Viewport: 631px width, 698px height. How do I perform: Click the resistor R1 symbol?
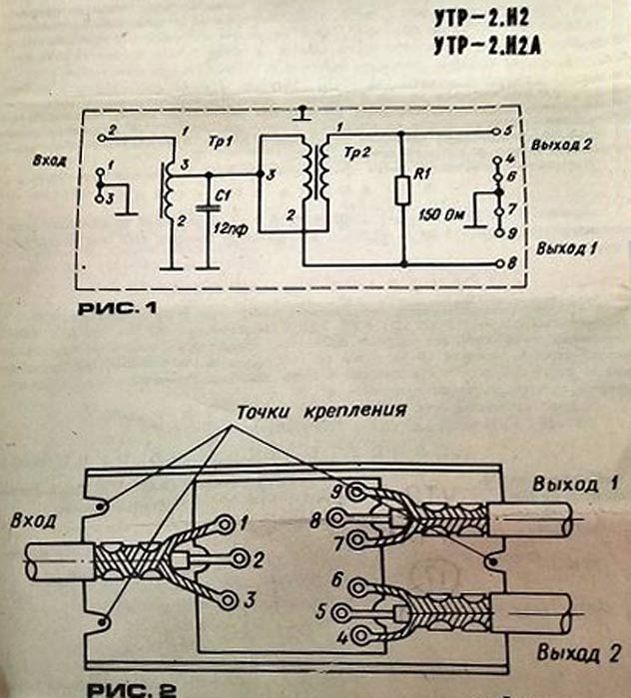[402, 187]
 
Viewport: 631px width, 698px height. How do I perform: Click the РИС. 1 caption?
[118, 309]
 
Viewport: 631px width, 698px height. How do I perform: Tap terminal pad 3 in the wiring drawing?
[231, 599]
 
